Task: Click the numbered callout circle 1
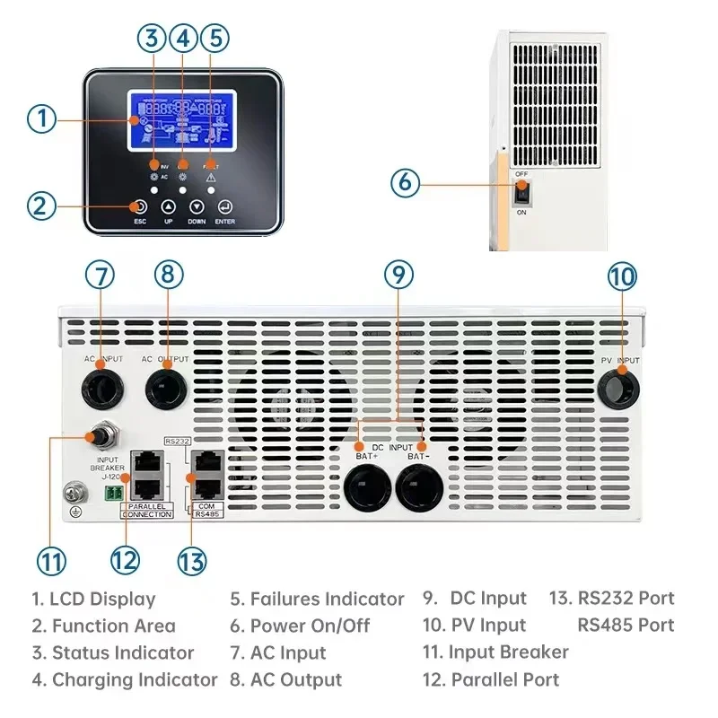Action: point(42,118)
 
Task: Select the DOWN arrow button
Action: point(197,206)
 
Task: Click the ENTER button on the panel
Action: point(224,206)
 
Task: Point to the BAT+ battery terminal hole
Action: point(369,492)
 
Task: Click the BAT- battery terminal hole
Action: point(419,492)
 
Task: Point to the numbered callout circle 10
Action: point(621,276)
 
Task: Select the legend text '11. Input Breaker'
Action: point(495,652)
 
